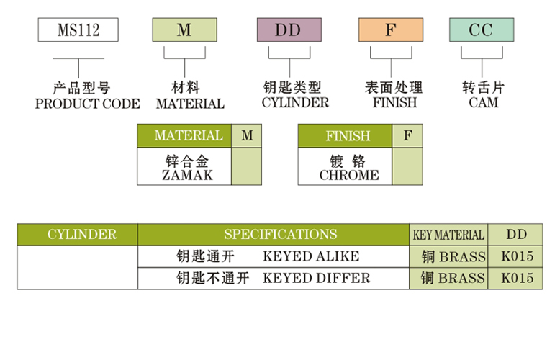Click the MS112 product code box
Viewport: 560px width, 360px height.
[78, 30]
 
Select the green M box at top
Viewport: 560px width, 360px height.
[184, 30]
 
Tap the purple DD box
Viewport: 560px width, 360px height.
[289, 30]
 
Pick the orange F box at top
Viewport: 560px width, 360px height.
[391, 30]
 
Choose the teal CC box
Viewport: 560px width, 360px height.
[482, 30]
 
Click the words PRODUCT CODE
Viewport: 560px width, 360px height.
[88, 104]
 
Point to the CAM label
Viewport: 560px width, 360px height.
[483, 103]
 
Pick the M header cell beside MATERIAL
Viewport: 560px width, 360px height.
[246, 135]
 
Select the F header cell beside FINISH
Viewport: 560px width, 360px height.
[407, 135]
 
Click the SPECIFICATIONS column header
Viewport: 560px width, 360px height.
[280, 235]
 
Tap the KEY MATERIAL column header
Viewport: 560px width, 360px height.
[448, 235]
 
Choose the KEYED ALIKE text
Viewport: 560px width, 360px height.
[311, 256]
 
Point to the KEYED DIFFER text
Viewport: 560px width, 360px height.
[317, 279]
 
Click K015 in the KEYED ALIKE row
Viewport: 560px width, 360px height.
[517, 256]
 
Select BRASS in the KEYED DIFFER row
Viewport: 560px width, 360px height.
[461, 279]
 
